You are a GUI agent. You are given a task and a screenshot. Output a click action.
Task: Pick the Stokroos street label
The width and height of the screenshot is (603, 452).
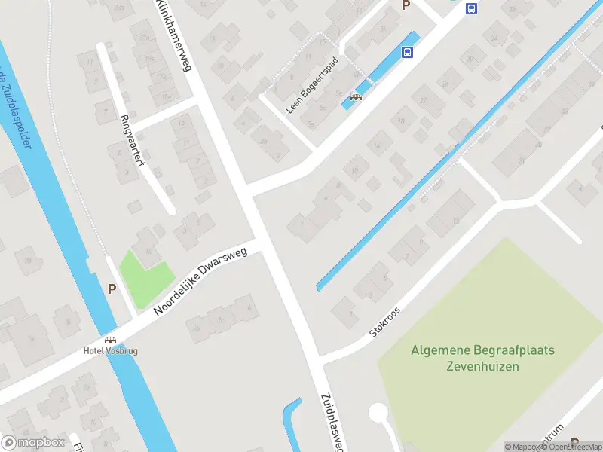coord(385,321)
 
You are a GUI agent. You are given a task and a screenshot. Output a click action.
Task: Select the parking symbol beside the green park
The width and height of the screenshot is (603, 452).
coord(112,288)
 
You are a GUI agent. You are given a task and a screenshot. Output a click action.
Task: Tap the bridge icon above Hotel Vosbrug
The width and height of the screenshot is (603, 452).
coord(110,340)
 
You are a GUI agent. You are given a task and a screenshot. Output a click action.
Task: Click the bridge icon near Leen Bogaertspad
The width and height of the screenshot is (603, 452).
coord(357,96)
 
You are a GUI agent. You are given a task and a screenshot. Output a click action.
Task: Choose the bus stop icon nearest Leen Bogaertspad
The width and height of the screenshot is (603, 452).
coord(407,52)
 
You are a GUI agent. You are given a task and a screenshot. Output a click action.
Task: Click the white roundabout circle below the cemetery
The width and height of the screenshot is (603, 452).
coord(378,413)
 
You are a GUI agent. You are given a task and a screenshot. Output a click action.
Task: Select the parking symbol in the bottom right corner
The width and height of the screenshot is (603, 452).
coord(575,443)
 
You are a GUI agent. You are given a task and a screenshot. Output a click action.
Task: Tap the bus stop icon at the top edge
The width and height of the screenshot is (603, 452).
coord(472,9)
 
